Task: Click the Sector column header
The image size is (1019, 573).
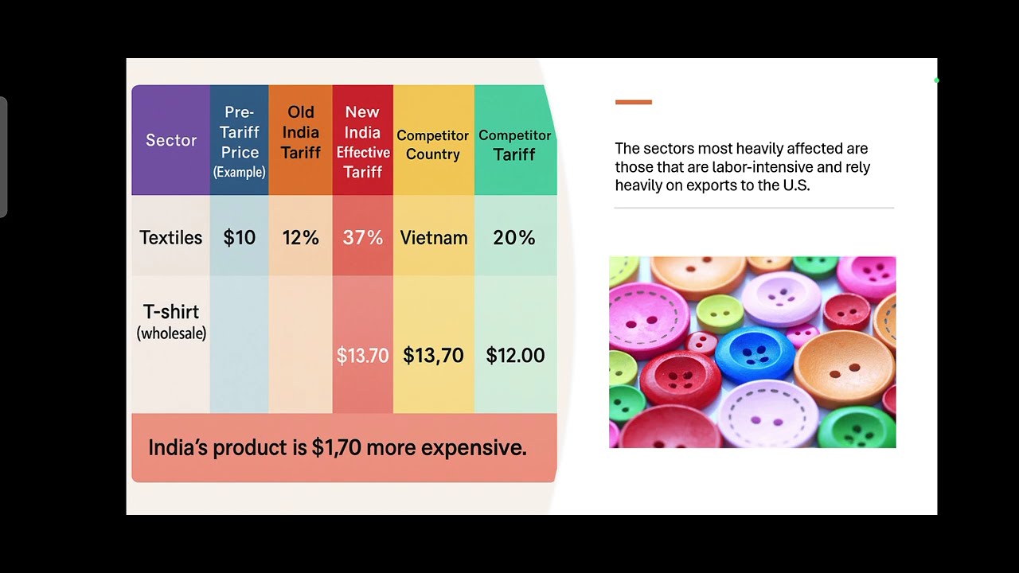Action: pos(171,140)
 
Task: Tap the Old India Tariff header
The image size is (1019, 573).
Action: pos(301,132)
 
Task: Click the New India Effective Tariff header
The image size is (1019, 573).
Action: pos(363,142)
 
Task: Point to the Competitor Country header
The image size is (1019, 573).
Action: pos(433,145)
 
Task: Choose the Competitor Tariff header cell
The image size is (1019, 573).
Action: pos(515,145)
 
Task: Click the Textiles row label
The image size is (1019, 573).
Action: pos(171,237)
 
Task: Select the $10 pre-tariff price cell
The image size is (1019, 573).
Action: pos(240,237)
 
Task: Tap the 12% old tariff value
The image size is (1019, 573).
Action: pos(301,237)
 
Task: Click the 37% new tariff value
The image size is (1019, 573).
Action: pos(363,237)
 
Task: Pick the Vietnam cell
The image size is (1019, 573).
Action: pos(434,237)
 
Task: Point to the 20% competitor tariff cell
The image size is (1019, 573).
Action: pos(514,237)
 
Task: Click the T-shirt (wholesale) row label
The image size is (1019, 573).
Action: pos(171,321)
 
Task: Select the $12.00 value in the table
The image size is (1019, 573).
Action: pos(515,355)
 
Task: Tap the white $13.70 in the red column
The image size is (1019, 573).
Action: pos(363,355)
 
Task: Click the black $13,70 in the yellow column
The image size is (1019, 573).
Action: pos(433,355)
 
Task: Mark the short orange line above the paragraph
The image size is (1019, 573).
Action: pos(634,102)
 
